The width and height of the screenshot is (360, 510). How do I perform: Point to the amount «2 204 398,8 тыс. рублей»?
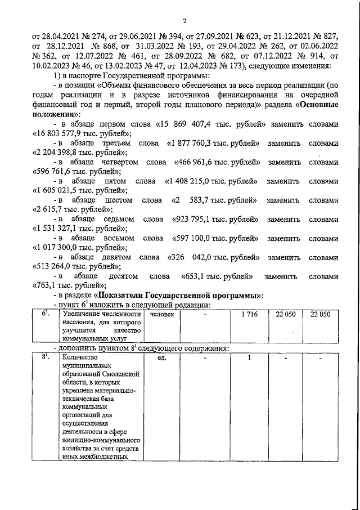coord(80,153)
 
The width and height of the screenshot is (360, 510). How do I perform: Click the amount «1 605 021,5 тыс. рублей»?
coord(80,191)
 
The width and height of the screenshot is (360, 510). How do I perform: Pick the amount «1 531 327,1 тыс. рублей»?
coord(80,229)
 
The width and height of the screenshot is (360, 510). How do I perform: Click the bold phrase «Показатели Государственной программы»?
coord(179,295)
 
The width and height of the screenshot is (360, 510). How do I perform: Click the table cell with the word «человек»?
coord(163,314)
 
